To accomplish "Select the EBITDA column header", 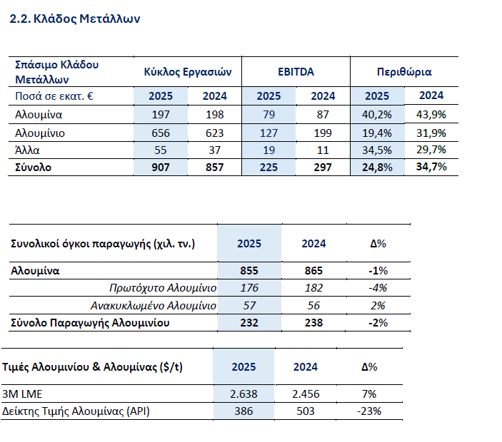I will [x=296, y=72].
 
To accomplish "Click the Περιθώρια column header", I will [x=403, y=72].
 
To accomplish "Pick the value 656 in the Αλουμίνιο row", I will [x=161, y=133].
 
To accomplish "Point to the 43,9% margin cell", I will [x=431, y=114].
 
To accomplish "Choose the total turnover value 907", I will [x=161, y=168].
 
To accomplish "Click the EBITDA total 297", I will [x=323, y=168].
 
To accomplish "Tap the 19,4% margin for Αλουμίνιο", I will [x=377, y=133].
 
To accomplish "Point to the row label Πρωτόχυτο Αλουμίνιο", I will [x=163, y=288].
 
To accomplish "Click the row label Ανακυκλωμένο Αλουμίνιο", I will [x=153, y=305].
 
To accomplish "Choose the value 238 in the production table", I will [x=313, y=323].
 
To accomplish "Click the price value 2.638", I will [x=244, y=394].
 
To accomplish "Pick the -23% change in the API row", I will [x=369, y=411].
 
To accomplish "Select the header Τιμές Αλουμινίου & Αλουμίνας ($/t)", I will [x=97, y=367].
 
